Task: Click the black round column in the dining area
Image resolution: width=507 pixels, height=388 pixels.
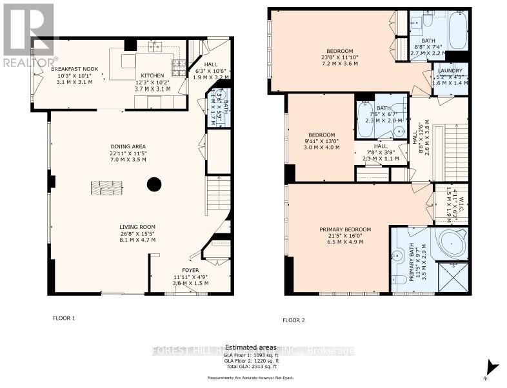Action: click(x=154, y=184)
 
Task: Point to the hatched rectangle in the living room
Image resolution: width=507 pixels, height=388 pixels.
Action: click(x=106, y=188)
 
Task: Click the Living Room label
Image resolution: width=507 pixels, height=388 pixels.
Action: click(x=137, y=233)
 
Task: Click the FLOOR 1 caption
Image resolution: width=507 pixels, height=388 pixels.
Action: click(x=64, y=318)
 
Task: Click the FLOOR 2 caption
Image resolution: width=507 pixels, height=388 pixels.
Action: click(x=293, y=320)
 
